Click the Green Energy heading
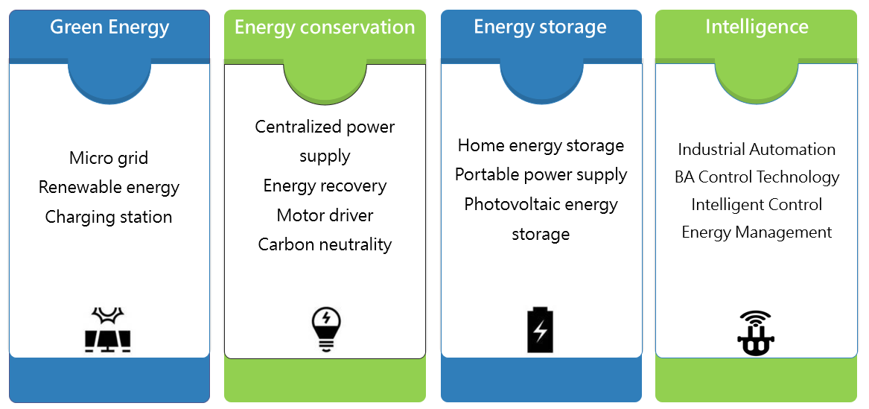point(109,28)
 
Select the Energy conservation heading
point(325,28)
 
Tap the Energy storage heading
point(540,28)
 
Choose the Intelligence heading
point(757,28)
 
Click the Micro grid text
point(109,158)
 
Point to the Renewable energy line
point(109,187)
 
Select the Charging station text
point(109,217)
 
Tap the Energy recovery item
point(325,186)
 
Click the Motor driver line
point(325,215)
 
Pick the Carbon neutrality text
point(325,244)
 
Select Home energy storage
point(541,145)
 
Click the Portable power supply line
point(541,174)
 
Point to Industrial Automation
point(757,149)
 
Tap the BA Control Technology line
point(757,177)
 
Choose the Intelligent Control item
point(757,204)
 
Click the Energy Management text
point(757,232)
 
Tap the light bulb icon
point(325,329)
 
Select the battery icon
point(541,329)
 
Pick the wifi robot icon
point(756,332)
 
